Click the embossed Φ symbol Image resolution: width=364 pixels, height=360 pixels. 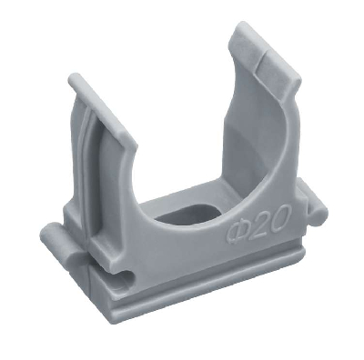(237, 232)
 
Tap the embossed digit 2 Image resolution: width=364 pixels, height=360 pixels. (258, 223)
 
